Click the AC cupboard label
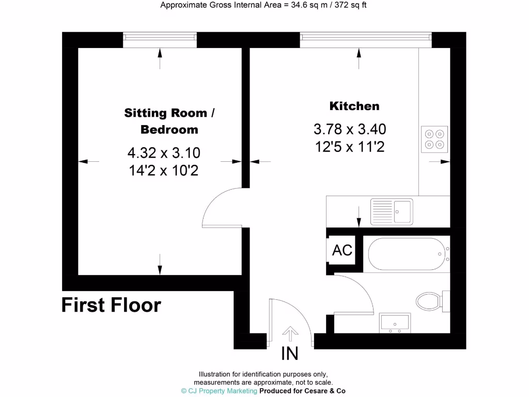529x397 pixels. coord(342,250)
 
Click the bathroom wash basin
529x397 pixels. coord(395,322)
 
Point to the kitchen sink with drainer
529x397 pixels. coord(391,211)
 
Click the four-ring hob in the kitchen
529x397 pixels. coord(434,139)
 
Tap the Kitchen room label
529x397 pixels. coord(354,106)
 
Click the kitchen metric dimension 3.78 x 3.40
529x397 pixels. coord(350,129)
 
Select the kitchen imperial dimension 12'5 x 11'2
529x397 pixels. coord(350,147)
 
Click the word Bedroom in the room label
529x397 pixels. coord(169,129)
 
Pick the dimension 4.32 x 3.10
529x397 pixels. coord(164,153)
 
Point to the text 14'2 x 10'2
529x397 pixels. coord(164,171)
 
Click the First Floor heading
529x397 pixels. coord(111,306)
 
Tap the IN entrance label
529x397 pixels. coord(289,354)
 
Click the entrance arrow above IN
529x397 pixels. coord(290,333)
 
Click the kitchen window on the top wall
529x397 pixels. coord(365,37)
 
